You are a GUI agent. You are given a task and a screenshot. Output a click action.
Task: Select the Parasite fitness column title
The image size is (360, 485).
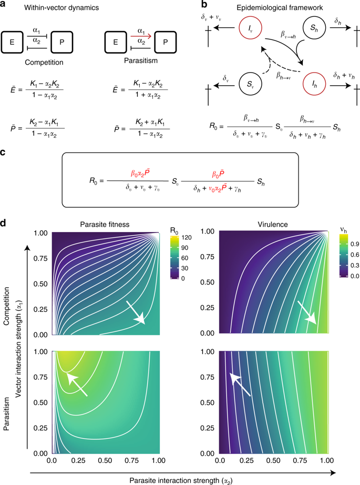point(106,224)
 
